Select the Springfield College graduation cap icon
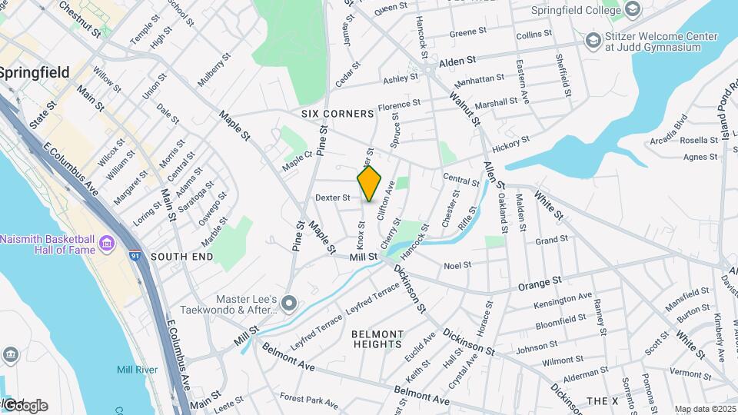pyautogui.click(x=632, y=10)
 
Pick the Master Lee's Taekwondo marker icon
pyautogui.click(x=288, y=304)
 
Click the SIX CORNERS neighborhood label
pyautogui.click(x=337, y=114)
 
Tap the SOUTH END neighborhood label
pyautogui.click(x=182, y=257)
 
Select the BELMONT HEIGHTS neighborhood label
pyautogui.click(x=377, y=339)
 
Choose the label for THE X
pyautogui.click(x=602, y=401)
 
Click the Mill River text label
pyautogui.click(x=137, y=370)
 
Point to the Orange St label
pyautogui.click(x=540, y=284)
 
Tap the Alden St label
pyautogui.click(x=459, y=60)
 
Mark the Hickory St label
pyautogui.click(x=511, y=143)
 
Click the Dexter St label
pyautogui.click(x=333, y=198)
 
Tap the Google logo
pyautogui.click(x=25, y=406)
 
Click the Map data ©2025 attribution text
pyautogui.click(x=704, y=409)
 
